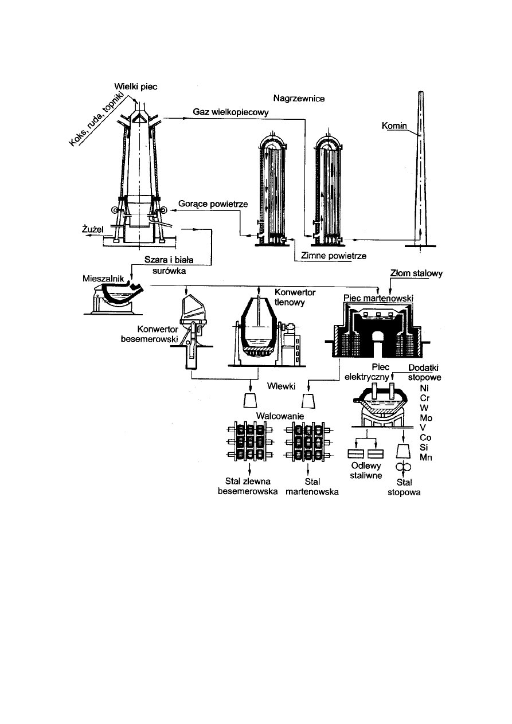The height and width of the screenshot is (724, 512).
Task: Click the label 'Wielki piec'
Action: (135, 87)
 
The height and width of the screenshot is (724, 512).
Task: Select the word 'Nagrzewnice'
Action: (299, 99)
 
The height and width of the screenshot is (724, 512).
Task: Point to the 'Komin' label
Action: (394, 125)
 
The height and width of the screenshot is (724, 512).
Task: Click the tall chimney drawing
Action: (420, 172)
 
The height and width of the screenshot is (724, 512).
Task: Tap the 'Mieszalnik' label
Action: (101, 277)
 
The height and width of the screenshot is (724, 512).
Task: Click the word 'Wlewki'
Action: (282, 385)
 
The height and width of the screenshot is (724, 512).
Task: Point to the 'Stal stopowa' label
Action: (404, 487)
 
